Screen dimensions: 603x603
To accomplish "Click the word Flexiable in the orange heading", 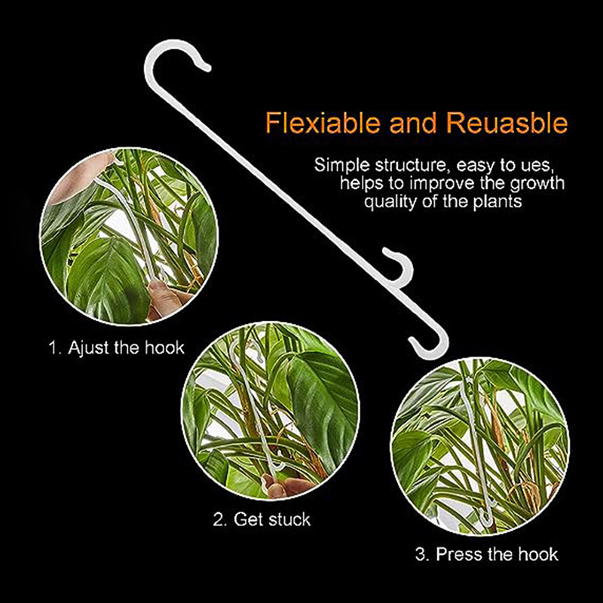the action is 323,123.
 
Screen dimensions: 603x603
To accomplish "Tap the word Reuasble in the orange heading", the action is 507,123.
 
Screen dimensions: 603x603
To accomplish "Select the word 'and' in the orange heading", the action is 413,123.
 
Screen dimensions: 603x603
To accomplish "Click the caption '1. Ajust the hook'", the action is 117,348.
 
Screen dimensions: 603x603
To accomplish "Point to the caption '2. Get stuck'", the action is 262,519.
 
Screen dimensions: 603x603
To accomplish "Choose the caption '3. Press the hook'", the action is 486,554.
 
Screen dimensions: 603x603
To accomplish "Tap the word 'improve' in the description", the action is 442,184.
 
